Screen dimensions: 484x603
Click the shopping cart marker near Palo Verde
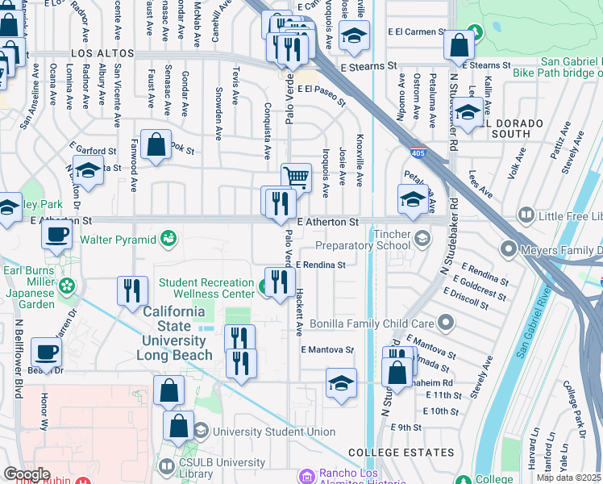tap(296, 176)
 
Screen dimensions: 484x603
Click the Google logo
tap(27, 474)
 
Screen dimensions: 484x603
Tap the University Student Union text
tap(274, 432)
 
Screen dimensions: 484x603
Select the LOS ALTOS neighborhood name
tap(102, 53)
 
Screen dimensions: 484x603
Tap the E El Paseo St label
tap(320, 96)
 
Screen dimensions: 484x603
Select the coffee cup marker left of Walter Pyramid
tap(56, 236)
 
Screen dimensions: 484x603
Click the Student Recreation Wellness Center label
tap(206, 288)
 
